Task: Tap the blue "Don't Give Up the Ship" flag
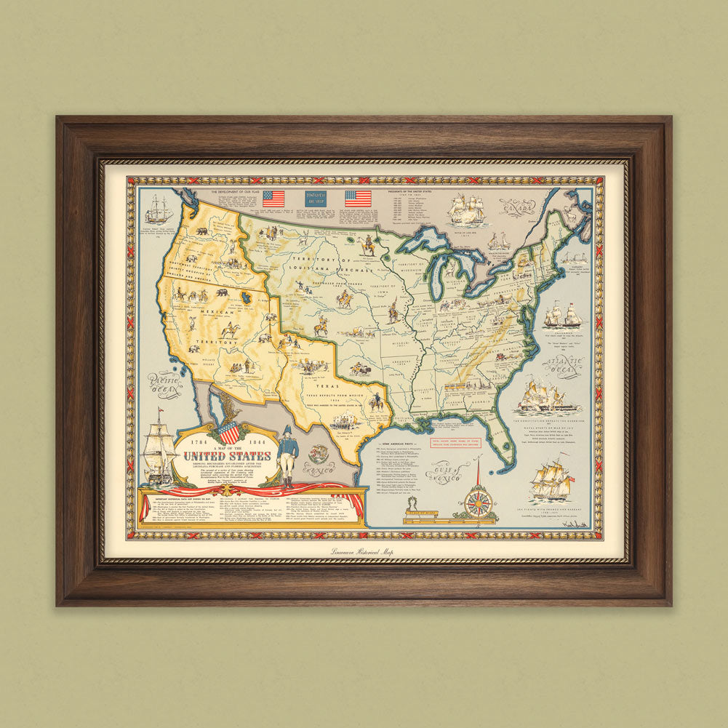pyautogui.click(x=314, y=198)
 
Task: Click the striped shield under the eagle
pyautogui.click(x=229, y=434)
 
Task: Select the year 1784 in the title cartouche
pyautogui.click(x=190, y=440)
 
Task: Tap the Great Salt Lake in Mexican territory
pyautogui.click(x=247, y=296)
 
